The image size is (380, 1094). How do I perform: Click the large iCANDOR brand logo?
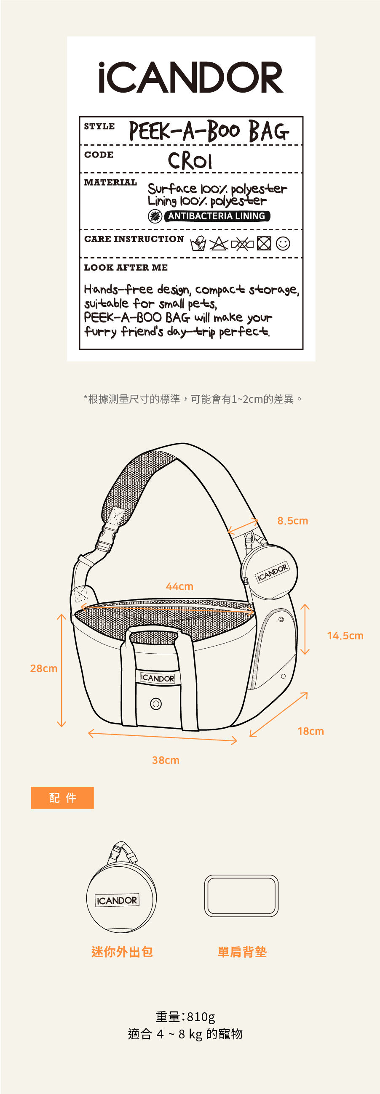191,78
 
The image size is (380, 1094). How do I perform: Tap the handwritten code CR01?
190,160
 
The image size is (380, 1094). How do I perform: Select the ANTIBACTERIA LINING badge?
217,216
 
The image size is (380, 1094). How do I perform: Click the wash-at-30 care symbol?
198,244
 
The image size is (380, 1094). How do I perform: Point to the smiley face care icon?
283,243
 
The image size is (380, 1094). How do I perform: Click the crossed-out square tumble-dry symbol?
264,244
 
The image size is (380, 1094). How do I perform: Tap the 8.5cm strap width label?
292,521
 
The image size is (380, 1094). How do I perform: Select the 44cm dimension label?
179,586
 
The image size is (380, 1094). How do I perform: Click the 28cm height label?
44,668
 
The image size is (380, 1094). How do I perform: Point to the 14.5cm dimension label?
345,636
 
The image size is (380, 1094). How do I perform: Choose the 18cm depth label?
311,731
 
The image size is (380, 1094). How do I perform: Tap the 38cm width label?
166,760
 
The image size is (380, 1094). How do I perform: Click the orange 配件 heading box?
62,798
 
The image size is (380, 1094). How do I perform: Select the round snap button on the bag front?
156,704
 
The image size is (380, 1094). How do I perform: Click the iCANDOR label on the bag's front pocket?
158,678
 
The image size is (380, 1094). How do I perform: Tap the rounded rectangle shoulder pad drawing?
241,896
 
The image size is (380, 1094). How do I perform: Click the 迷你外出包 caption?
122,952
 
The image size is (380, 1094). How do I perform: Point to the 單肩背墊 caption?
242,952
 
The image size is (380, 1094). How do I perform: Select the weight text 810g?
185,1016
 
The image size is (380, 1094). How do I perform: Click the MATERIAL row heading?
110,183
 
